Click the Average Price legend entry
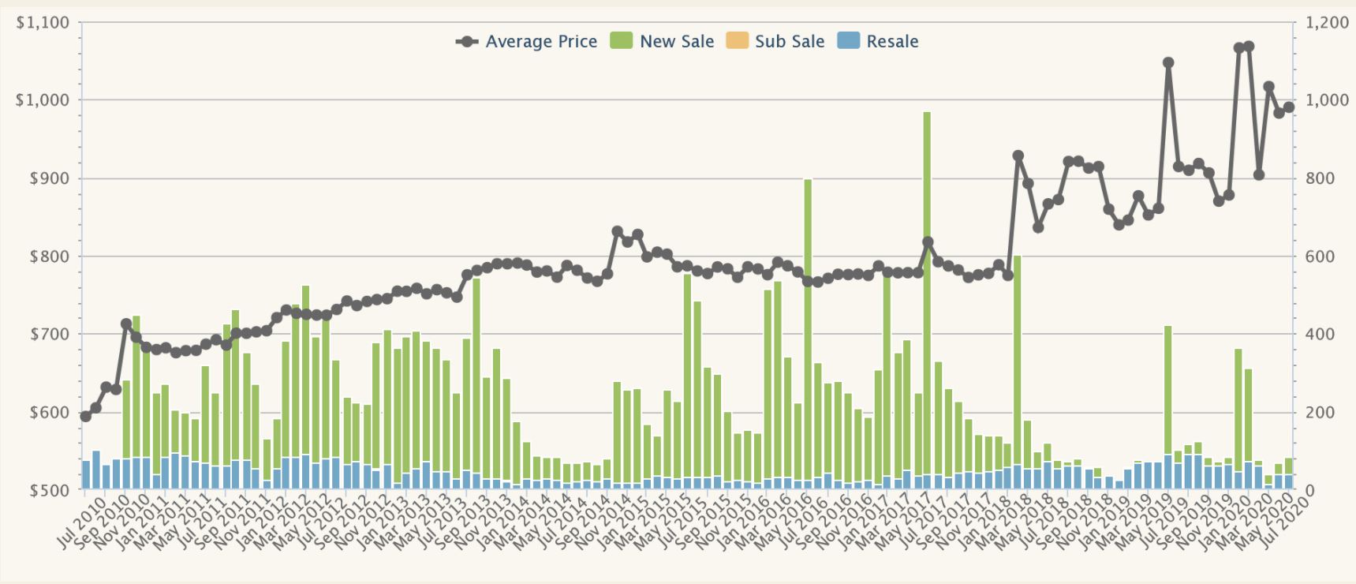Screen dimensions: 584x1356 pyautogui.click(x=541, y=42)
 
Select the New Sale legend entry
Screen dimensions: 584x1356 pyautogui.click(x=676, y=42)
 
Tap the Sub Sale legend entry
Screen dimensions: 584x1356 pyautogui.click(x=789, y=42)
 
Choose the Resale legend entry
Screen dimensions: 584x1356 pyautogui.click(x=892, y=42)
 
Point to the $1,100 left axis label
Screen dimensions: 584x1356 pyautogui.click(x=43, y=23)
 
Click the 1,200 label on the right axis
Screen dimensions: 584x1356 pyautogui.click(x=1327, y=23)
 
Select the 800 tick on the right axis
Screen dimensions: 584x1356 pyautogui.click(x=1320, y=178)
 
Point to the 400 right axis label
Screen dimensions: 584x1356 pyautogui.click(x=1320, y=335)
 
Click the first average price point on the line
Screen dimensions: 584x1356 pyautogui.click(x=86, y=416)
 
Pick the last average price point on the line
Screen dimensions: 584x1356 pyautogui.click(x=1289, y=107)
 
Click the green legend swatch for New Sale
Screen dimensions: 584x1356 pyautogui.click(x=622, y=41)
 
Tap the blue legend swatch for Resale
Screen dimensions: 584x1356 pyautogui.click(x=848, y=41)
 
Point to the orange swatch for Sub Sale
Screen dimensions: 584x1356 pyautogui.click(x=737, y=41)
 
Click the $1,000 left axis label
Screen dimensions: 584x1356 pyautogui.click(x=43, y=100)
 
